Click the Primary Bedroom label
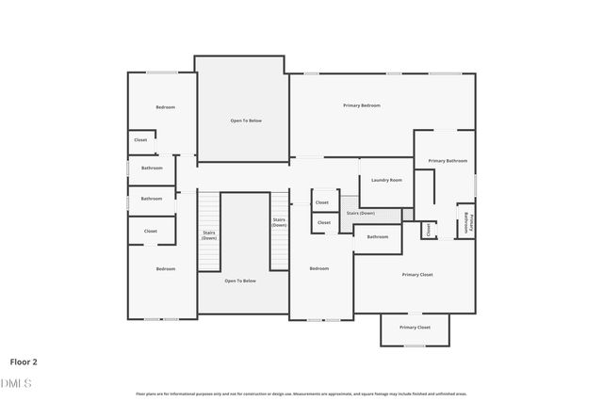361,105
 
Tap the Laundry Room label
386,180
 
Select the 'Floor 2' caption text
24,361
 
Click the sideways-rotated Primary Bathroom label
467,222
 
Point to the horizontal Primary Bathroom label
448,161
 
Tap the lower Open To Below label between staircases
240,281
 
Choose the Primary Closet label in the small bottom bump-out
415,327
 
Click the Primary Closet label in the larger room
416,274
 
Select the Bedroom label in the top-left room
165,107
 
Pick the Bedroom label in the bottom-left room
165,269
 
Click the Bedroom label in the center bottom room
319,268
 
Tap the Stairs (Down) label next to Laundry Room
360,214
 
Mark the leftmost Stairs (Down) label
209,235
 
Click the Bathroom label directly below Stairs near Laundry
377,236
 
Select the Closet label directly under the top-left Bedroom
140,139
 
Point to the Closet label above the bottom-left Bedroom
150,231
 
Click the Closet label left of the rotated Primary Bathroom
429,228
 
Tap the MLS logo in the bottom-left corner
16,383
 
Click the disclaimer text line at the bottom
301,394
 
